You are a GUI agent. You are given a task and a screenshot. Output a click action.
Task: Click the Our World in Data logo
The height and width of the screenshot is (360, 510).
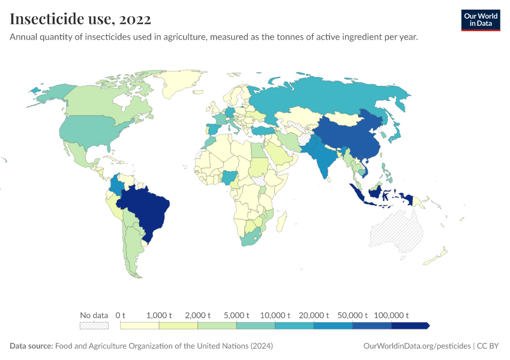(x=480, y=20)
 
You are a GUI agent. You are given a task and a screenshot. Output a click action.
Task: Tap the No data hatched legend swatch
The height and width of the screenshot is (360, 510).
(x=94, y=326)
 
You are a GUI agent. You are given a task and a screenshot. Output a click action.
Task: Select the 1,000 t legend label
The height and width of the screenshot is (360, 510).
(x=159, y=315)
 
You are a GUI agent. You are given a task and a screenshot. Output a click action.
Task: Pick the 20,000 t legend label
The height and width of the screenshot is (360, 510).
(x=314, y=315)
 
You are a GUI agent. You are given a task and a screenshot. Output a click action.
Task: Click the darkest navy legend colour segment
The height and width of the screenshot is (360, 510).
(x=410, y=326)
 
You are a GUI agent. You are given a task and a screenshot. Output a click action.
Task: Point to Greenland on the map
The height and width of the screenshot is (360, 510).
(x=183, y=84)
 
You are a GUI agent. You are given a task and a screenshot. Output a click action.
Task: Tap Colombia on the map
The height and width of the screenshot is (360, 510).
(x=118, y=184)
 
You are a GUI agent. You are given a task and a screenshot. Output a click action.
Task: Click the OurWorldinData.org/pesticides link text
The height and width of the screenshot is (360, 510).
(x=416, y=346)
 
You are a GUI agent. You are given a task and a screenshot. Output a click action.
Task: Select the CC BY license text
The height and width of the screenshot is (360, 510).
(x=489, y=346)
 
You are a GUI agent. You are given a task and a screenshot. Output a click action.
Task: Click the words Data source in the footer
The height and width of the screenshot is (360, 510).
(x=31, y=346)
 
